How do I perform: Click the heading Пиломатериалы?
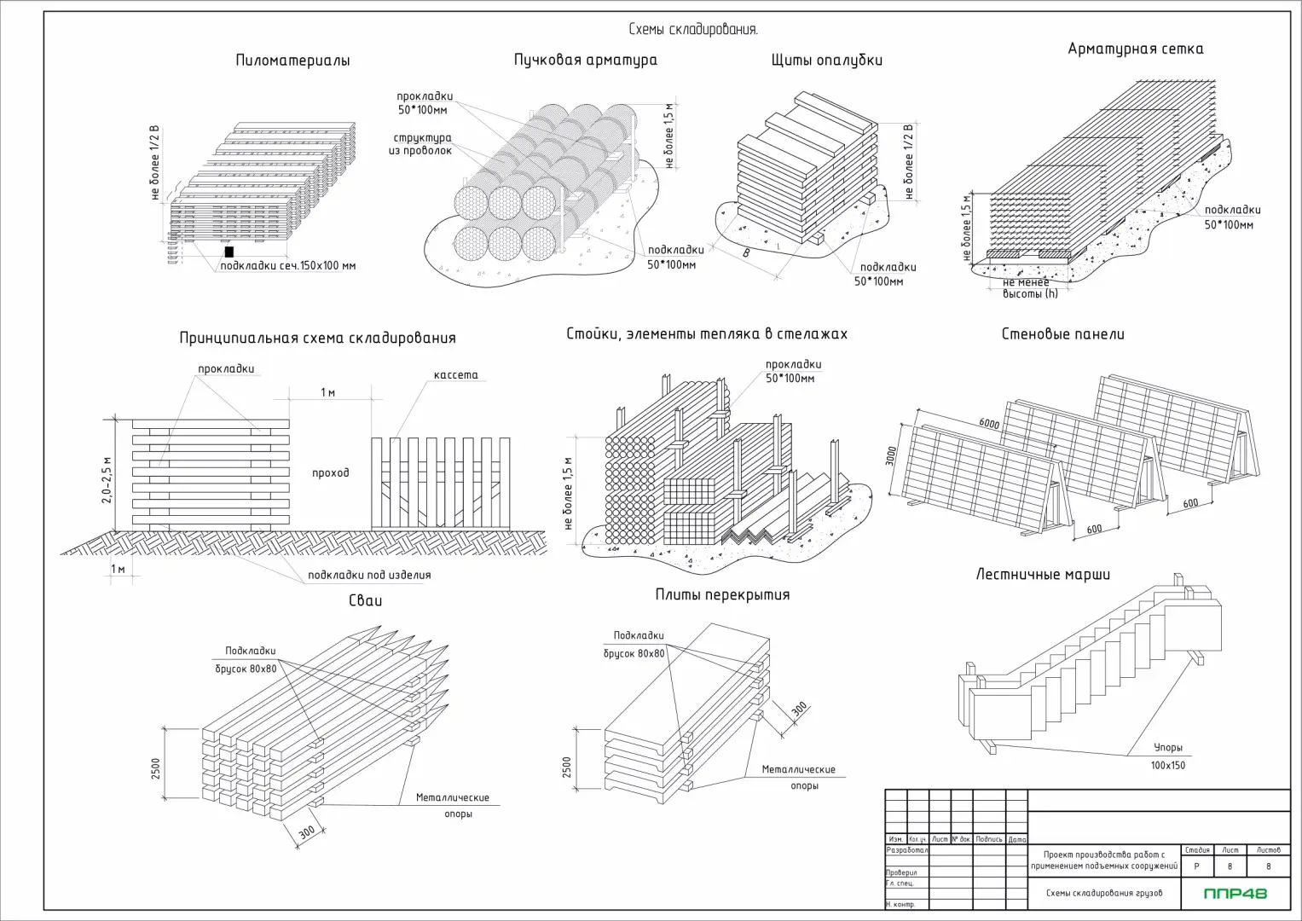click(292, 61)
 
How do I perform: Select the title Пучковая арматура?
click(585, 60)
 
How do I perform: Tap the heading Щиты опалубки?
click(826, 60)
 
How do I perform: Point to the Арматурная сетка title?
click(1135, 49)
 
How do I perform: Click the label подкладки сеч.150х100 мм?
click(288, 266)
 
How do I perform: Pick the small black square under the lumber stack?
click(229, 252)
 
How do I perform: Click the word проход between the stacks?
click(330, 472)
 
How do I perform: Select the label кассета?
click(455, 375)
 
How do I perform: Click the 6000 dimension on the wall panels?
click(990, 424)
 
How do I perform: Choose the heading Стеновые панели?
click(1062, 334)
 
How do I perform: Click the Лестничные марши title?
click(1043, 574)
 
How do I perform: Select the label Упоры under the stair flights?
click(1167, 748)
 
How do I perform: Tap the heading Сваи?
click(365, 600)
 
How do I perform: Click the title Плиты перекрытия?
click(722, 594)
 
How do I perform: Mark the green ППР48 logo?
click(1235, 894)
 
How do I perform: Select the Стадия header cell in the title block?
click(1196, 850)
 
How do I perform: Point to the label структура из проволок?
click(422, 144)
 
